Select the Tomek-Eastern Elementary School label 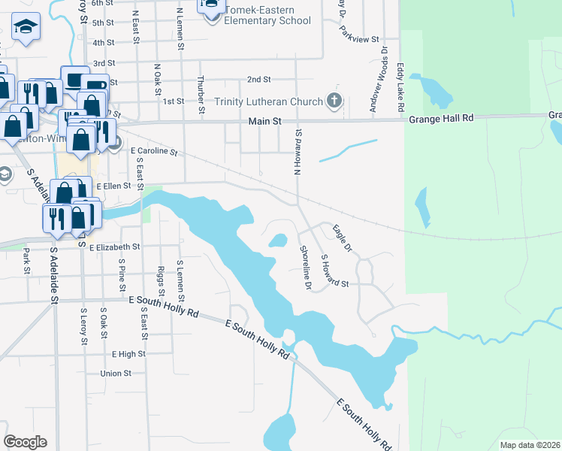(x=267, y=20)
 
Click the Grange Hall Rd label (x=442, y=118)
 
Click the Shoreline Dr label (x=305, y=268)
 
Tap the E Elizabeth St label (x=114, y=247)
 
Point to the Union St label (x=116, y=373)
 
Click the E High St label (x=128, y=353)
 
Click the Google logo (x=26, y=441)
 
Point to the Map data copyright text (x=530, y=445)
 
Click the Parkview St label (x=359, y=37)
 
